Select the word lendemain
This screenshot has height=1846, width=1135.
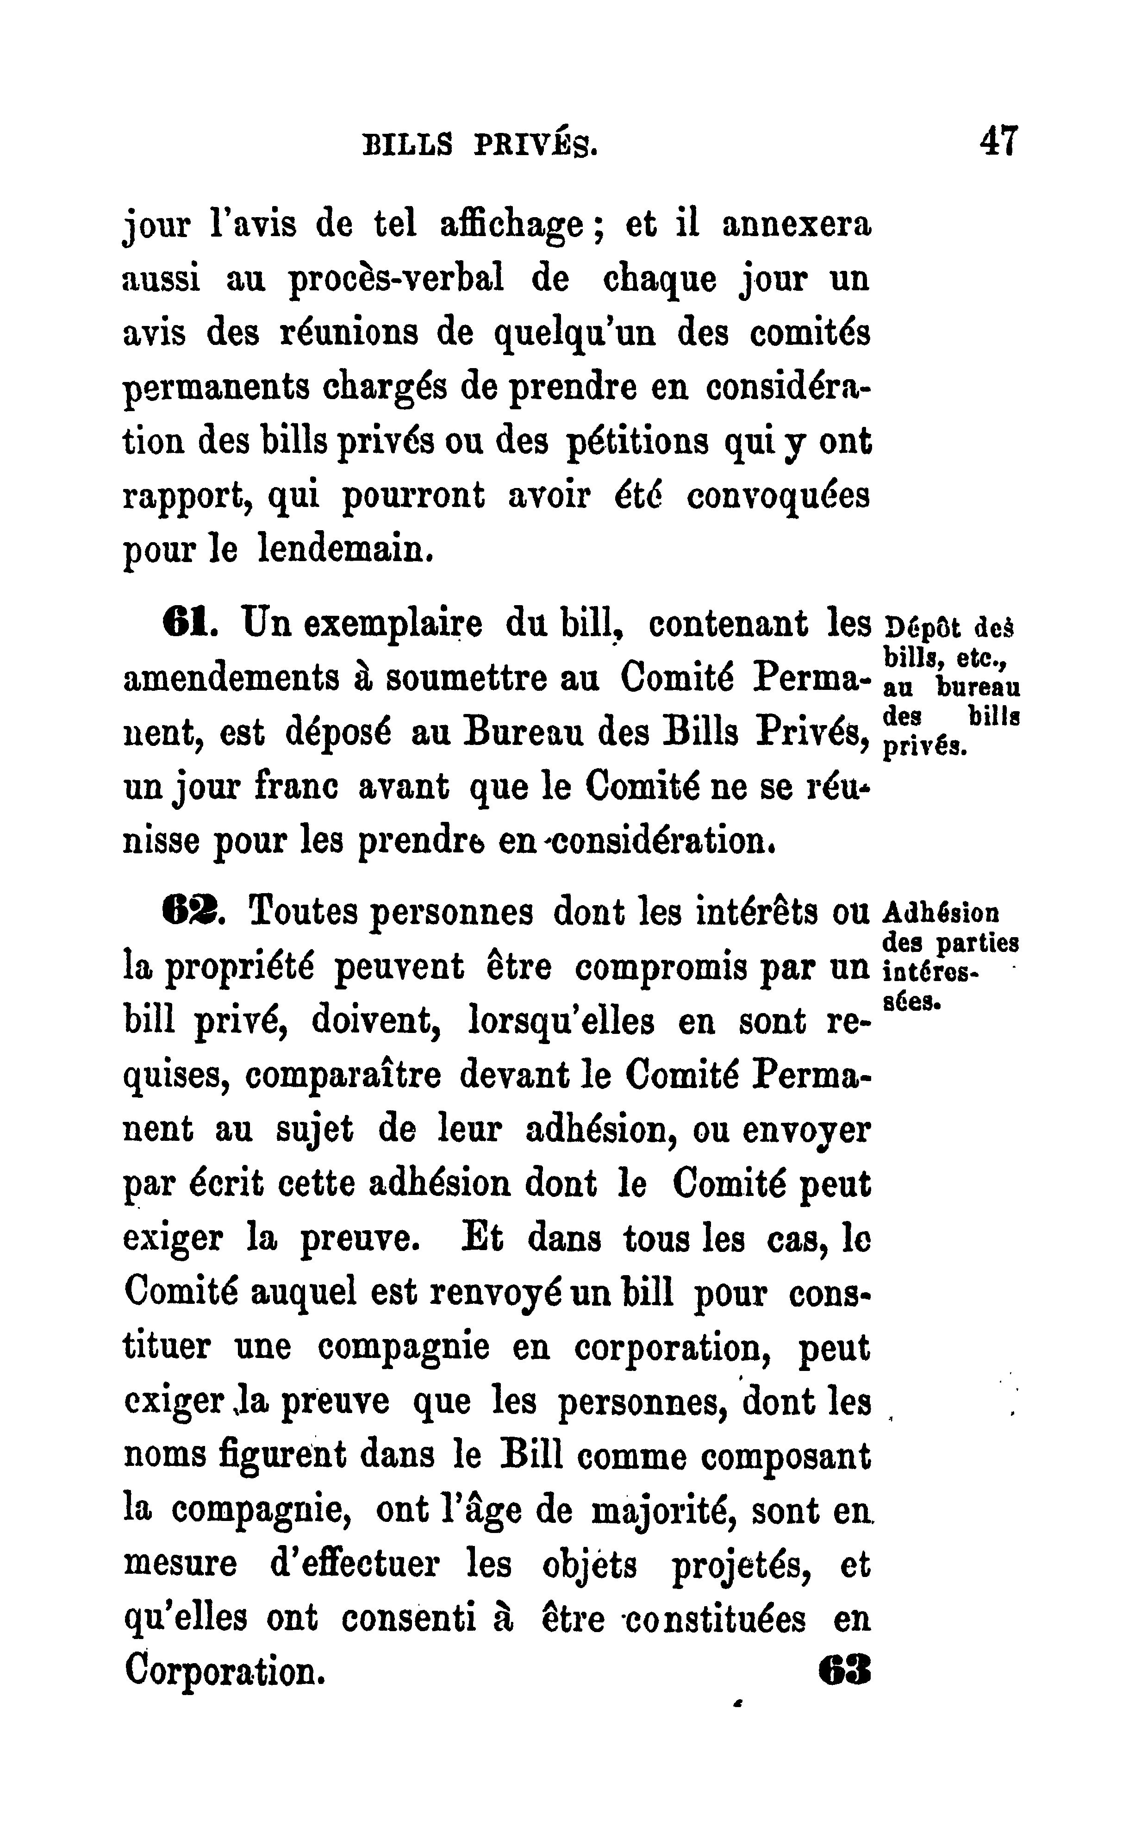tap(346, 550)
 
